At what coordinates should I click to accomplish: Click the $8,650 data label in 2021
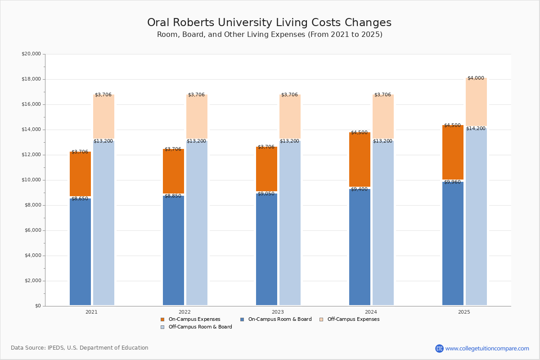[x=80, y=198]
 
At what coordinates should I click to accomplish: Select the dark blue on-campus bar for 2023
[x=266, y=250]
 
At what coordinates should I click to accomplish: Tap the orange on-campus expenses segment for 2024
[x=360, y=160]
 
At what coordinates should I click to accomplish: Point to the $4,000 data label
[x=476, y=78]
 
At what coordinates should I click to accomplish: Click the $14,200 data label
[x=476, y=129]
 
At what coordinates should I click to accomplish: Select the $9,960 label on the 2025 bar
[x=452, y=182]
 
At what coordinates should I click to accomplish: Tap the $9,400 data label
[x=359, y=189]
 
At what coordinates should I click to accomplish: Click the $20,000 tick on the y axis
[x=31, y=54]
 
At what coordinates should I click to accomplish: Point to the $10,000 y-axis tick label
[x=31, y=180]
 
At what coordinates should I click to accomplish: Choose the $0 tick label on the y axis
[x=37, y=306]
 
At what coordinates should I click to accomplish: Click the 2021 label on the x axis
[x=91, y=312]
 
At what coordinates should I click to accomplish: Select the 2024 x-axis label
[x=371, y=312]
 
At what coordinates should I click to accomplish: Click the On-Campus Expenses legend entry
[x=194, y=319]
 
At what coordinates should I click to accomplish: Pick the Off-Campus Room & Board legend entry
[x=200, y=327]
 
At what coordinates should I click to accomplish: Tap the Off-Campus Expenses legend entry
[x=353, y=319]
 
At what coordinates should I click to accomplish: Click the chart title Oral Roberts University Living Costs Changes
[x=269, y=23]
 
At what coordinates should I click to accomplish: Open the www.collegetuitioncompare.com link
[x=487, y=348]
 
